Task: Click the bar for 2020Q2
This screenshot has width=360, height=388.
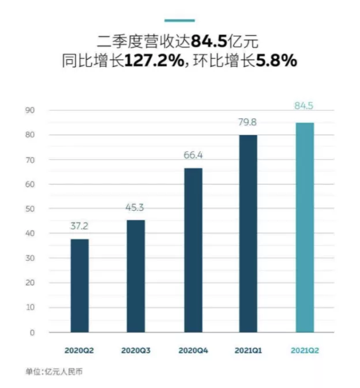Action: pyautogui.click(x=80, y=286)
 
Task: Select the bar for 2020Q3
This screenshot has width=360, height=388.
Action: pyautogui.click(x=136, y=276)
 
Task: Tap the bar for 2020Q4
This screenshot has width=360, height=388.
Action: pyautogui.click(x=193, y=250)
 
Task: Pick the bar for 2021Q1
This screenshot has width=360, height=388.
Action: pyautogui.click(x=248, y=233)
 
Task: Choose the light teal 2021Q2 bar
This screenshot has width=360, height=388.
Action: pyautogui.click(x=305, y=227)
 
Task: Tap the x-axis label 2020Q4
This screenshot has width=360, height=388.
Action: pyautogui.click(x=193, y=350)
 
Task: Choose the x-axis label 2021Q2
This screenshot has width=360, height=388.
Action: pyautogui.click(x=305, y=350)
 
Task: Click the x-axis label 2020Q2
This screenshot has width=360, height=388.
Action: pyautogui.click(x=80, y=350)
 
